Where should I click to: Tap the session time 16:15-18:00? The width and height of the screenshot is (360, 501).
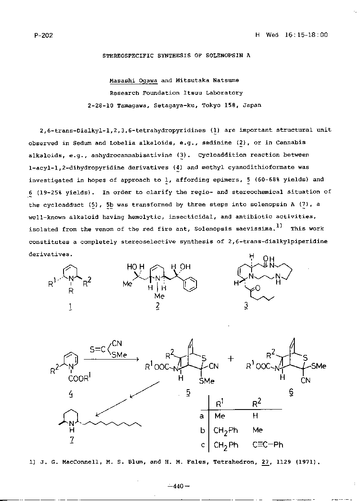(305, 35)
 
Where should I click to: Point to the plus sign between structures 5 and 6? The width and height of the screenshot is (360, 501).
(231, 358)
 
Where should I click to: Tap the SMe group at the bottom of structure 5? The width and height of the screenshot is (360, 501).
(206, 381)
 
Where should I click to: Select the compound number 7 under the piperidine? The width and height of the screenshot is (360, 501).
(72, 440)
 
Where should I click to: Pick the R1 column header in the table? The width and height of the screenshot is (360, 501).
(220, 404)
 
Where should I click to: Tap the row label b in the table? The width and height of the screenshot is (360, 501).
(202, 430)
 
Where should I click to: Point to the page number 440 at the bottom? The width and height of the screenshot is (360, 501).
(178, 486)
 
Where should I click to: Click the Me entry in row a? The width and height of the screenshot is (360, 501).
(220, 416)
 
